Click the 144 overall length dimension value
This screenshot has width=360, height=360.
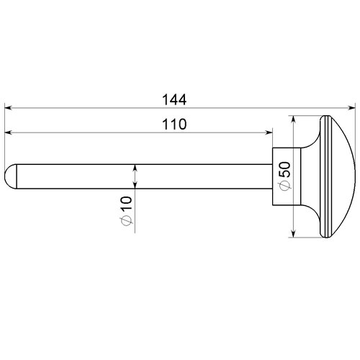pos(174,100)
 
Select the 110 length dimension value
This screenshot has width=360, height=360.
pos(174,125)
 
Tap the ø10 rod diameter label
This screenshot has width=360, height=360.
pos(127,211)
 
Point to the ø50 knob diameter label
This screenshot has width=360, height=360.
pos(284,176)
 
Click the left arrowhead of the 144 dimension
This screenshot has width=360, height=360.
pos(8,108)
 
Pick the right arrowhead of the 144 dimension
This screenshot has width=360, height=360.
pos(352,108)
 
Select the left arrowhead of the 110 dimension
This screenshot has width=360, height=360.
pos(8,132)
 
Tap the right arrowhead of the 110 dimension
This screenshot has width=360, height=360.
pos(269,132)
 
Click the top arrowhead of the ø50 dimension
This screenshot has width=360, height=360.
pos(293,119)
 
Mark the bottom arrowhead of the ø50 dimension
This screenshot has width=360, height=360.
pos(293,234)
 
